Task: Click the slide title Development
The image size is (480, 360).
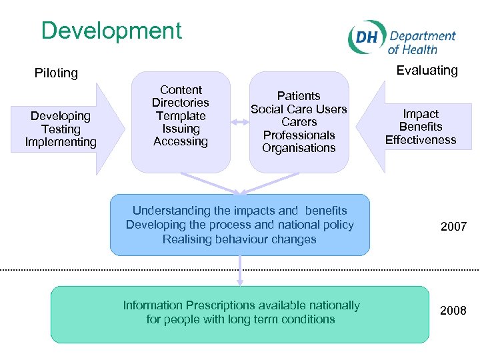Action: click(111, 31)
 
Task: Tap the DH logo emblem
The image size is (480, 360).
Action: click(366, 38)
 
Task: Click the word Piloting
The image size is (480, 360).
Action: click(56, 73)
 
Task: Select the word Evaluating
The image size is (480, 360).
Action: click(427, 70)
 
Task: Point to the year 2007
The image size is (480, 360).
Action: click(453, 227)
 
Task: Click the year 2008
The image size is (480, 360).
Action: click(453, 311)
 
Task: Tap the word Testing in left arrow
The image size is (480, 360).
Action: click(61, 129)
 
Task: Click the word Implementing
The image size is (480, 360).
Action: click(61, 142)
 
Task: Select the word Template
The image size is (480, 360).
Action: click(181, 115)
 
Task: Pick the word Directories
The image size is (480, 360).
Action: click(181, 103)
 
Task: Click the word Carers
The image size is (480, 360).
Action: click(299, 122)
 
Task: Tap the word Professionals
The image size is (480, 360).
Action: click(299, 135)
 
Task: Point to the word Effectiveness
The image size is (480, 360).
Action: click(421, 140)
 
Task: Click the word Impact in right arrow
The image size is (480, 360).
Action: click(421, 114)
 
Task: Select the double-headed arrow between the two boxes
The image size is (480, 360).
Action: click(240, 121)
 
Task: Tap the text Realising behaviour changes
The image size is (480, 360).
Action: click(239, 239)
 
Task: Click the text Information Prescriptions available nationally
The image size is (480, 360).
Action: click(241, 305)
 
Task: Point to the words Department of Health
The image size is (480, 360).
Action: click(421, 43)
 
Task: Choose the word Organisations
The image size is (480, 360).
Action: click(299, 148)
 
